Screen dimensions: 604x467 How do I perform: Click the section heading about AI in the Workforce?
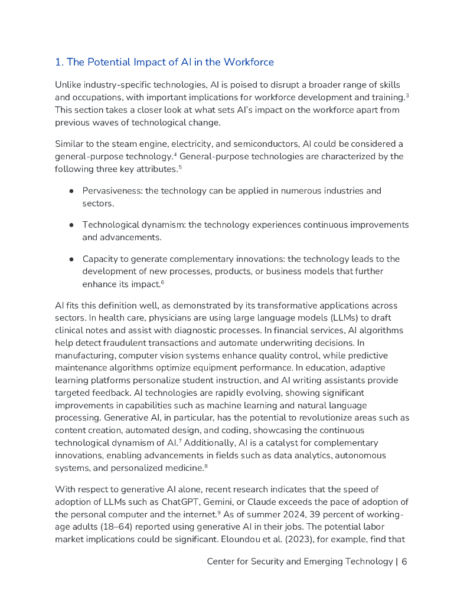(164, 62)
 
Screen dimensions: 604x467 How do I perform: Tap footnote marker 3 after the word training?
(407, 94)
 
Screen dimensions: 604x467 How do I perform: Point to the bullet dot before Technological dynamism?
(71, 225)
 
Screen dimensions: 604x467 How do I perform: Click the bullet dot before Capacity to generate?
(71, 260)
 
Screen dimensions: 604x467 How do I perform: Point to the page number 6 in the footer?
(404, 562)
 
